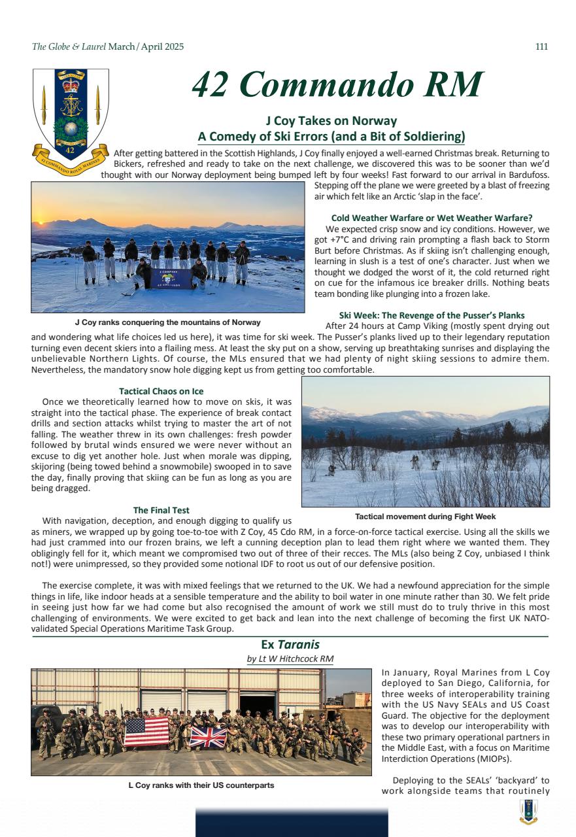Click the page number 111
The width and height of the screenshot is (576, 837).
(x=541, y=46)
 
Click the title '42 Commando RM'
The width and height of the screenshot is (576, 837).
(x=337, y=84)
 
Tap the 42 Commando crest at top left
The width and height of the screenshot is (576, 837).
(x=70, y=115)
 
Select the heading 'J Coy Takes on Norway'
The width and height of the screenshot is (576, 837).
(x=331, y=121)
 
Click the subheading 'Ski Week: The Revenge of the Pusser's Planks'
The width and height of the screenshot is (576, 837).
(x=432, y=315)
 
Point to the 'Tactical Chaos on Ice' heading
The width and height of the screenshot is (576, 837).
(x=161, y=391)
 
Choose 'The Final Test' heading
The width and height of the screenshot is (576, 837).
(x=161, y=510)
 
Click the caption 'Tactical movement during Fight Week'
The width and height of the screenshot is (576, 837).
(x=425, y=517)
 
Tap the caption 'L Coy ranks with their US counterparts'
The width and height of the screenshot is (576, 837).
(x=201, y=785)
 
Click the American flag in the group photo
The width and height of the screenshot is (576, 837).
(x=146, y=731)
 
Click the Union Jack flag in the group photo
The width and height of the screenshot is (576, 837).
(x=208, y=737)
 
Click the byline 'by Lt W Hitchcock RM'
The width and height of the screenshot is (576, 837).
(x=290, y=658)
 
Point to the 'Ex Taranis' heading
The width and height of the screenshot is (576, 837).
(x=290, y=645)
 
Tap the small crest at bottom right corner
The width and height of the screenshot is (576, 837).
(x=528, y=811)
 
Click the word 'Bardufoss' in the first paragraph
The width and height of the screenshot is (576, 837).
(x=524, y=175)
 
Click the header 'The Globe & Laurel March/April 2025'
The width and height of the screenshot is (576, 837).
(x=108, y=46)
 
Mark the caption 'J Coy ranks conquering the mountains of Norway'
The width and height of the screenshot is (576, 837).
(x=167, y=322)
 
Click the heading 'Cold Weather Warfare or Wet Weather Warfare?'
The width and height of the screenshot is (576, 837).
(x=432, y=217)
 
